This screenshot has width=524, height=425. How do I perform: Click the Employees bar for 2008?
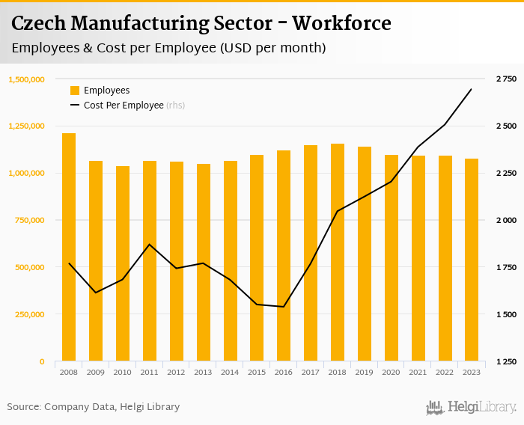pyautogui.click(x=69, y=247)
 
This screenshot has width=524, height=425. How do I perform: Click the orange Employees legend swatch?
pyautogui.click(x=75, y=91)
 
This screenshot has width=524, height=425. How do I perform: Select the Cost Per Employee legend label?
pyautogui.click(x=124, y=106)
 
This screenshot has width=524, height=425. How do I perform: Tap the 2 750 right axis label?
pyautogui.click(x=507, y=79)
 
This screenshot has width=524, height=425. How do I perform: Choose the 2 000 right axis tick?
pyautogui.click(x=507, y=220)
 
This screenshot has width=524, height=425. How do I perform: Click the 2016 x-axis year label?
pyautogui.click(x=284, y=371)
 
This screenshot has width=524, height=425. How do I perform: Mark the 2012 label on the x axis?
pyautogui.click(x=177, y=371)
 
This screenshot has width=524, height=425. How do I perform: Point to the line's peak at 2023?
pyautogui.click(x=472, y=89)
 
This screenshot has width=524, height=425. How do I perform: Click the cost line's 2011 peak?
pyautogui.click(x=150, y=244)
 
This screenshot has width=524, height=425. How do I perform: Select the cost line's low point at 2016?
pyautogui.click(x=284, y=307)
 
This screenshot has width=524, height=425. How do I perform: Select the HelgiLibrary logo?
pyautogui.click(x=471, y=407)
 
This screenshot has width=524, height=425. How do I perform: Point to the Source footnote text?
pyautogui.click(x=94, y=407)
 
